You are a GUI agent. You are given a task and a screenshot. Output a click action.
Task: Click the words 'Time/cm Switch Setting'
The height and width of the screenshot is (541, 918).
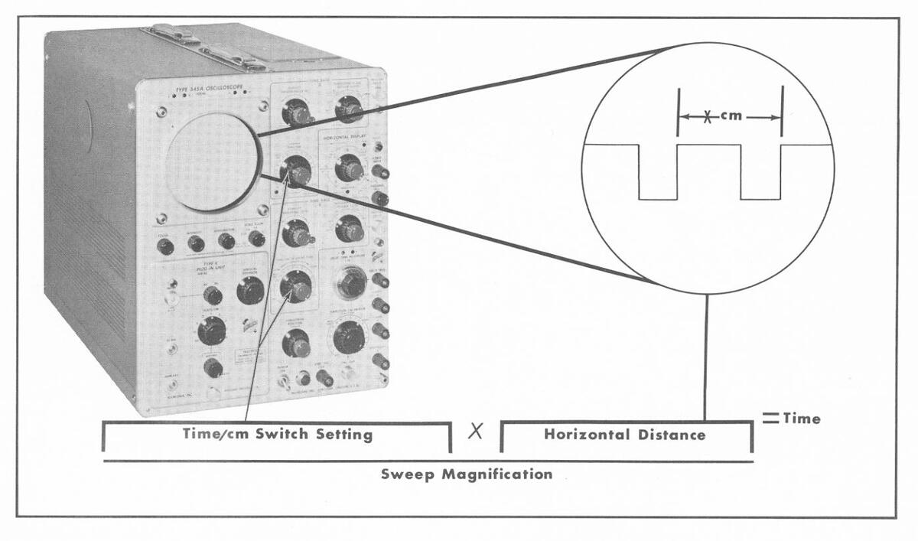click(278, 434)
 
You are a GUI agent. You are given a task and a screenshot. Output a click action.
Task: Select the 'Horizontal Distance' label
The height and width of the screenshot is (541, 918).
click(625, 434)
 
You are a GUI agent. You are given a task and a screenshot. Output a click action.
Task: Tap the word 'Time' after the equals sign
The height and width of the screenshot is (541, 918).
click(802, 419)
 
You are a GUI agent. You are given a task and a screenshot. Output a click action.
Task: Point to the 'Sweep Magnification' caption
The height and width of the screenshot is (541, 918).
click(467, 474)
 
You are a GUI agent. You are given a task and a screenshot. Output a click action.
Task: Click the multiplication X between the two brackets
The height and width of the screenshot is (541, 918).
click(475, 432)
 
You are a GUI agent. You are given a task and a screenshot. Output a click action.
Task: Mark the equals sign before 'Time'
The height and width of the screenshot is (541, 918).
click(770, 418)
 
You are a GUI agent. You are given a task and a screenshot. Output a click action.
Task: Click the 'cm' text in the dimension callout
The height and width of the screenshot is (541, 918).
click(731, 117)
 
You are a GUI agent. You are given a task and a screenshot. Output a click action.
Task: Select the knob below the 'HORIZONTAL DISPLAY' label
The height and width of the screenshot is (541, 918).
click(349, 167)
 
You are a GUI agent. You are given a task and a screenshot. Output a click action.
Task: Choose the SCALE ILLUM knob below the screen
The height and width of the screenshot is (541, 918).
click(257, 239)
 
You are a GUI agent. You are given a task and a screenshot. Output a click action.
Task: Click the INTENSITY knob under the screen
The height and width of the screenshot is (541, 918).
click(196, 243)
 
